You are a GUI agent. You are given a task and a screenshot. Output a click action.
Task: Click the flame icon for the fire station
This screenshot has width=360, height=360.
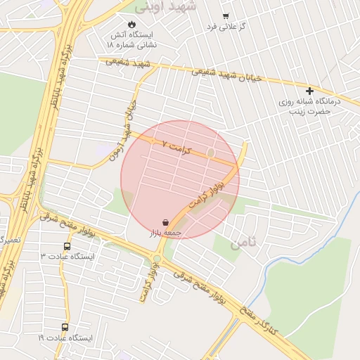(x=131, y=24)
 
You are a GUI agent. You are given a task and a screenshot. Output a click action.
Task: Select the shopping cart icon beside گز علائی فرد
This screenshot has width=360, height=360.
(x=225, y=15)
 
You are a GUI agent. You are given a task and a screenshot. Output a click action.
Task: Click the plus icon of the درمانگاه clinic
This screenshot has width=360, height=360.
(x=309, y=91)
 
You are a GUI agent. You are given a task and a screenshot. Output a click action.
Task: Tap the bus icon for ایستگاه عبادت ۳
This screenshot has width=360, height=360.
(x=67, y=246)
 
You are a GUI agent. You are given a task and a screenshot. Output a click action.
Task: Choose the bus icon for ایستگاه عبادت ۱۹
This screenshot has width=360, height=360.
(x=65, y=327)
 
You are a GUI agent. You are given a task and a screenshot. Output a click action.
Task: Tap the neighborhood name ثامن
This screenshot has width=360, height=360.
(x=244, y=243)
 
